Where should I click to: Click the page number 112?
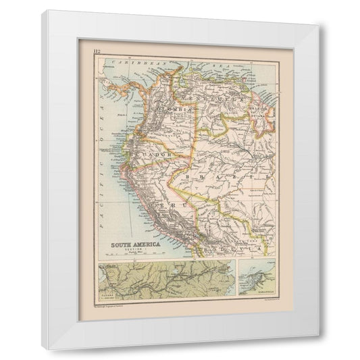pyautogui.click(x=97, y=49)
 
